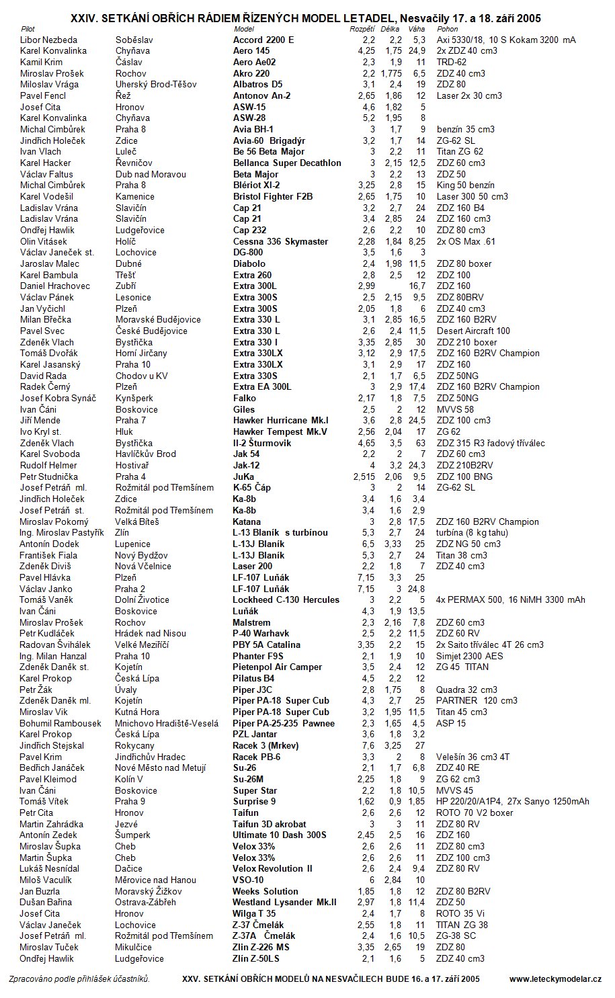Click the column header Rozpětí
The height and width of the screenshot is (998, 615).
[362, 29]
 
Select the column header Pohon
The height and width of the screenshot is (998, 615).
[448, 29]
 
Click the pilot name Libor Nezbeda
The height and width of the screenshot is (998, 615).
[48, 40]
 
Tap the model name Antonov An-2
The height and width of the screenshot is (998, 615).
[261, 95]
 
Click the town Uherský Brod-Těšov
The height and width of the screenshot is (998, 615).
[156, 85]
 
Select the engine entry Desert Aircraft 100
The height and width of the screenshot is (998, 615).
[473, 331]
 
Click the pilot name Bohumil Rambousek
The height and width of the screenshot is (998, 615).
[60, 723]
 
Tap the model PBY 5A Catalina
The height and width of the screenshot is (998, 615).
[266, 644]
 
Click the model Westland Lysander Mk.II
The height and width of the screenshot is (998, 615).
[284, 902]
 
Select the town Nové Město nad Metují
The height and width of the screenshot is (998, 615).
[161, 767]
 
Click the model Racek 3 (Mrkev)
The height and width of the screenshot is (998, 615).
[265, 745]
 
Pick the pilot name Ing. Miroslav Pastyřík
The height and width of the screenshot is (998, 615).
[62, 532]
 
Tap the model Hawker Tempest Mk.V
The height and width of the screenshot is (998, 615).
[280, 431]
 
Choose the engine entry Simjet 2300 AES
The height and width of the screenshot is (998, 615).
[469, 656]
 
